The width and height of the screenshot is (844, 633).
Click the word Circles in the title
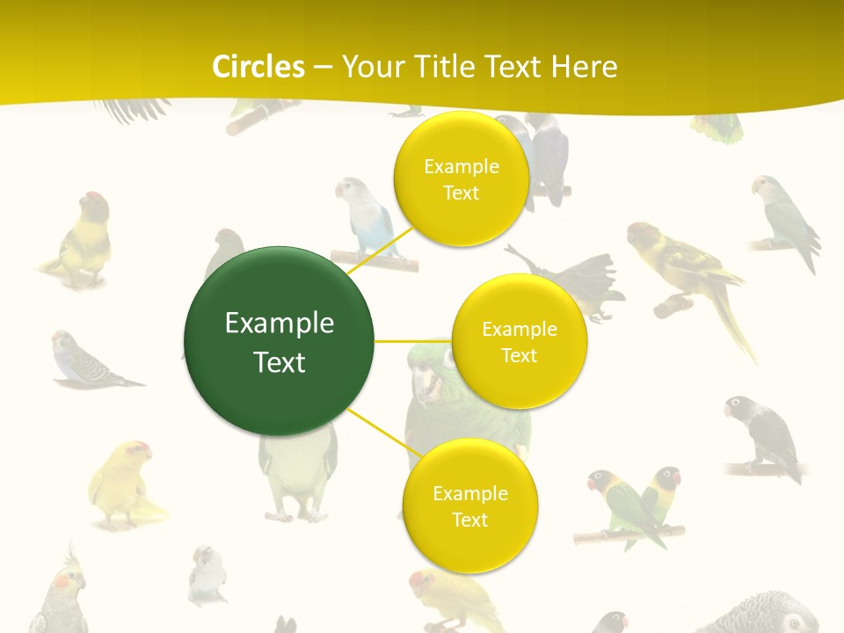258,67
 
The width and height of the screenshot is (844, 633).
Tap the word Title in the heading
443,67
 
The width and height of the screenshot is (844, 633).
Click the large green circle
279,341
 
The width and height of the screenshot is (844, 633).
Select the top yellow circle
461,178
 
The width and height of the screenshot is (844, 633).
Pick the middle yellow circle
519,341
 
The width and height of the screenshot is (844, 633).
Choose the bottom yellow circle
469,506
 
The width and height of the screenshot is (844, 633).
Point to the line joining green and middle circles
413,340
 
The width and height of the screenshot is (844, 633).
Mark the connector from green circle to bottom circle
380,432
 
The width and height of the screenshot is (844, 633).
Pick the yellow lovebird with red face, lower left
123,484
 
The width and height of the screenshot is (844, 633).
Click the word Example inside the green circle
279,324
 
